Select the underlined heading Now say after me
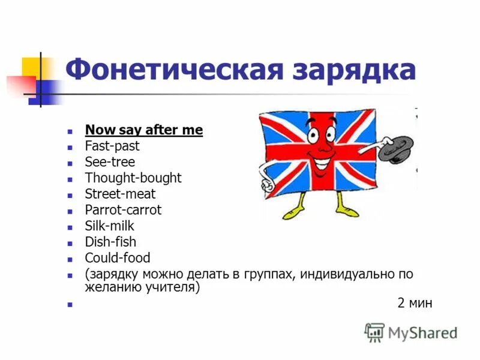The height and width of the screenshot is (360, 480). [x=144, y=130]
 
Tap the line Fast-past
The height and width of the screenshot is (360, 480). [x=112, y=146]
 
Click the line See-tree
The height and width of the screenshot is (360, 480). [x=110, y=162]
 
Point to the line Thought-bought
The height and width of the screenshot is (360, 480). [x=133, y=178]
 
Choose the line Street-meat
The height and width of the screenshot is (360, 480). [x=120, y=194]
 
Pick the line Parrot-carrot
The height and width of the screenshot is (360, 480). [x=123, y=210]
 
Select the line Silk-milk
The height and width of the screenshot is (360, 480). [x=110, y=226]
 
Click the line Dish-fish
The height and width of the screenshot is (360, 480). [x=110, y=242]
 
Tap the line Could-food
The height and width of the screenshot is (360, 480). [x=118, y=258]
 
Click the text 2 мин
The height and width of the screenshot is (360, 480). [x=415, y=303]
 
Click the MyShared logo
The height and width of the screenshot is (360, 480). [x=412, y=332]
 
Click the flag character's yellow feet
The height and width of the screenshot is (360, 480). [x=318, y=211]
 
